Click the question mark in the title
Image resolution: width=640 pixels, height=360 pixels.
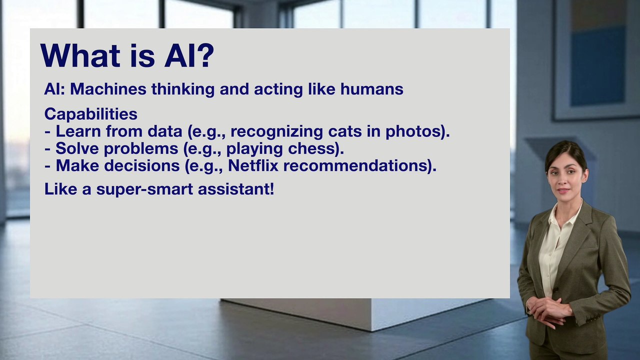click(204, 55)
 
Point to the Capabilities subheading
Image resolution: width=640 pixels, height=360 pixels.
click(90, 114)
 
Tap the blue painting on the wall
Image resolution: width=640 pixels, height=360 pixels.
click(598, 65)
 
